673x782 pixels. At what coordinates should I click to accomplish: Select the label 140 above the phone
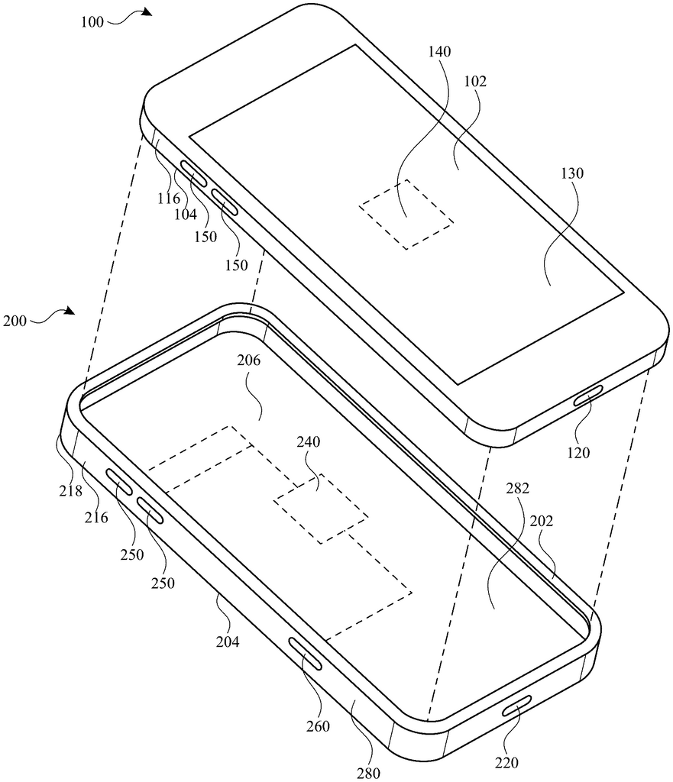pos(440,52)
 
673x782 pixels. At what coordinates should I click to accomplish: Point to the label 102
pos(474,81)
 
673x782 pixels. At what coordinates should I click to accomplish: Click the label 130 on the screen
pos(571,173)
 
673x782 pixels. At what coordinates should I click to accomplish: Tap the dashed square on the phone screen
pos(406,214)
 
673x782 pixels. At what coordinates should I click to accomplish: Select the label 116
pos(169,199)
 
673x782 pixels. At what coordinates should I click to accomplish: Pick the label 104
pos(186,215)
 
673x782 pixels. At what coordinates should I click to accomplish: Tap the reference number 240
pos(309,441)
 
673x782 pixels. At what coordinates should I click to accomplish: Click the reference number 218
pos(70,491)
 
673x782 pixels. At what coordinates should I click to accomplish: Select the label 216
pos(97,517)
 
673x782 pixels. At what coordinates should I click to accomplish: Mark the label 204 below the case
pos(227,642)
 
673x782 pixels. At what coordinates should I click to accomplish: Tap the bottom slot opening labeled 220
pos(518,708)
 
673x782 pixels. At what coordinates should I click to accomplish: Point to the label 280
pos(368,773)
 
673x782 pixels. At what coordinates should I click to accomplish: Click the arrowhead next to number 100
pos(146,13)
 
